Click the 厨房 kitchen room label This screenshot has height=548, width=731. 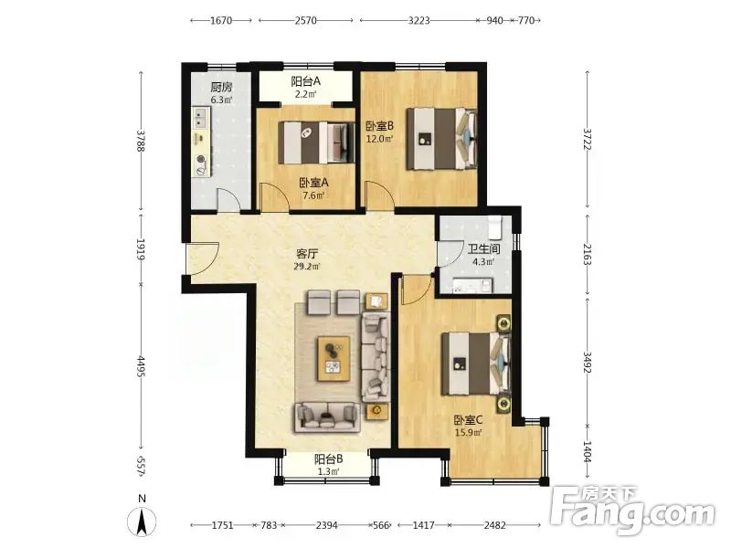pyautogui.click(x=221, y=87)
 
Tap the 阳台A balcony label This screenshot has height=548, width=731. pyautogui.click(x=306, y=81)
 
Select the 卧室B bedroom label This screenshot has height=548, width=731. pyautogui.click(x=379, y=126)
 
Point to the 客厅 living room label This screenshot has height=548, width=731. pyautogui.click(x=307, y=254)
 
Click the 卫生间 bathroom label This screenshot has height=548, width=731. pyautogui.click(x=483, y=248)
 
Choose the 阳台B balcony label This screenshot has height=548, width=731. pyautogui.click(x=329, y=459)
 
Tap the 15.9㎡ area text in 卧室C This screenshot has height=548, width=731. pyautogui.click(x=469, y=432)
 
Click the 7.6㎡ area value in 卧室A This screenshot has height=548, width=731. pyautogui.click(x=313, y=195)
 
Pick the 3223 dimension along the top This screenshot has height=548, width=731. pyautogui.click(x=418, y=20)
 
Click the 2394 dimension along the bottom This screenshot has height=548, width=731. pyautogui.click(x=326, y=525)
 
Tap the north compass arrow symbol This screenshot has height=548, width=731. pyautogui.click(x=143, y=521)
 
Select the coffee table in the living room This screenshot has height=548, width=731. pyautogui.click(x=334, y=358)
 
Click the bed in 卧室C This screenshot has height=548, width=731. pyautogui.click(x=476, y=364)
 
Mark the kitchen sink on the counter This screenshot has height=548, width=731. pyautogui.click(x=201, y=117)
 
